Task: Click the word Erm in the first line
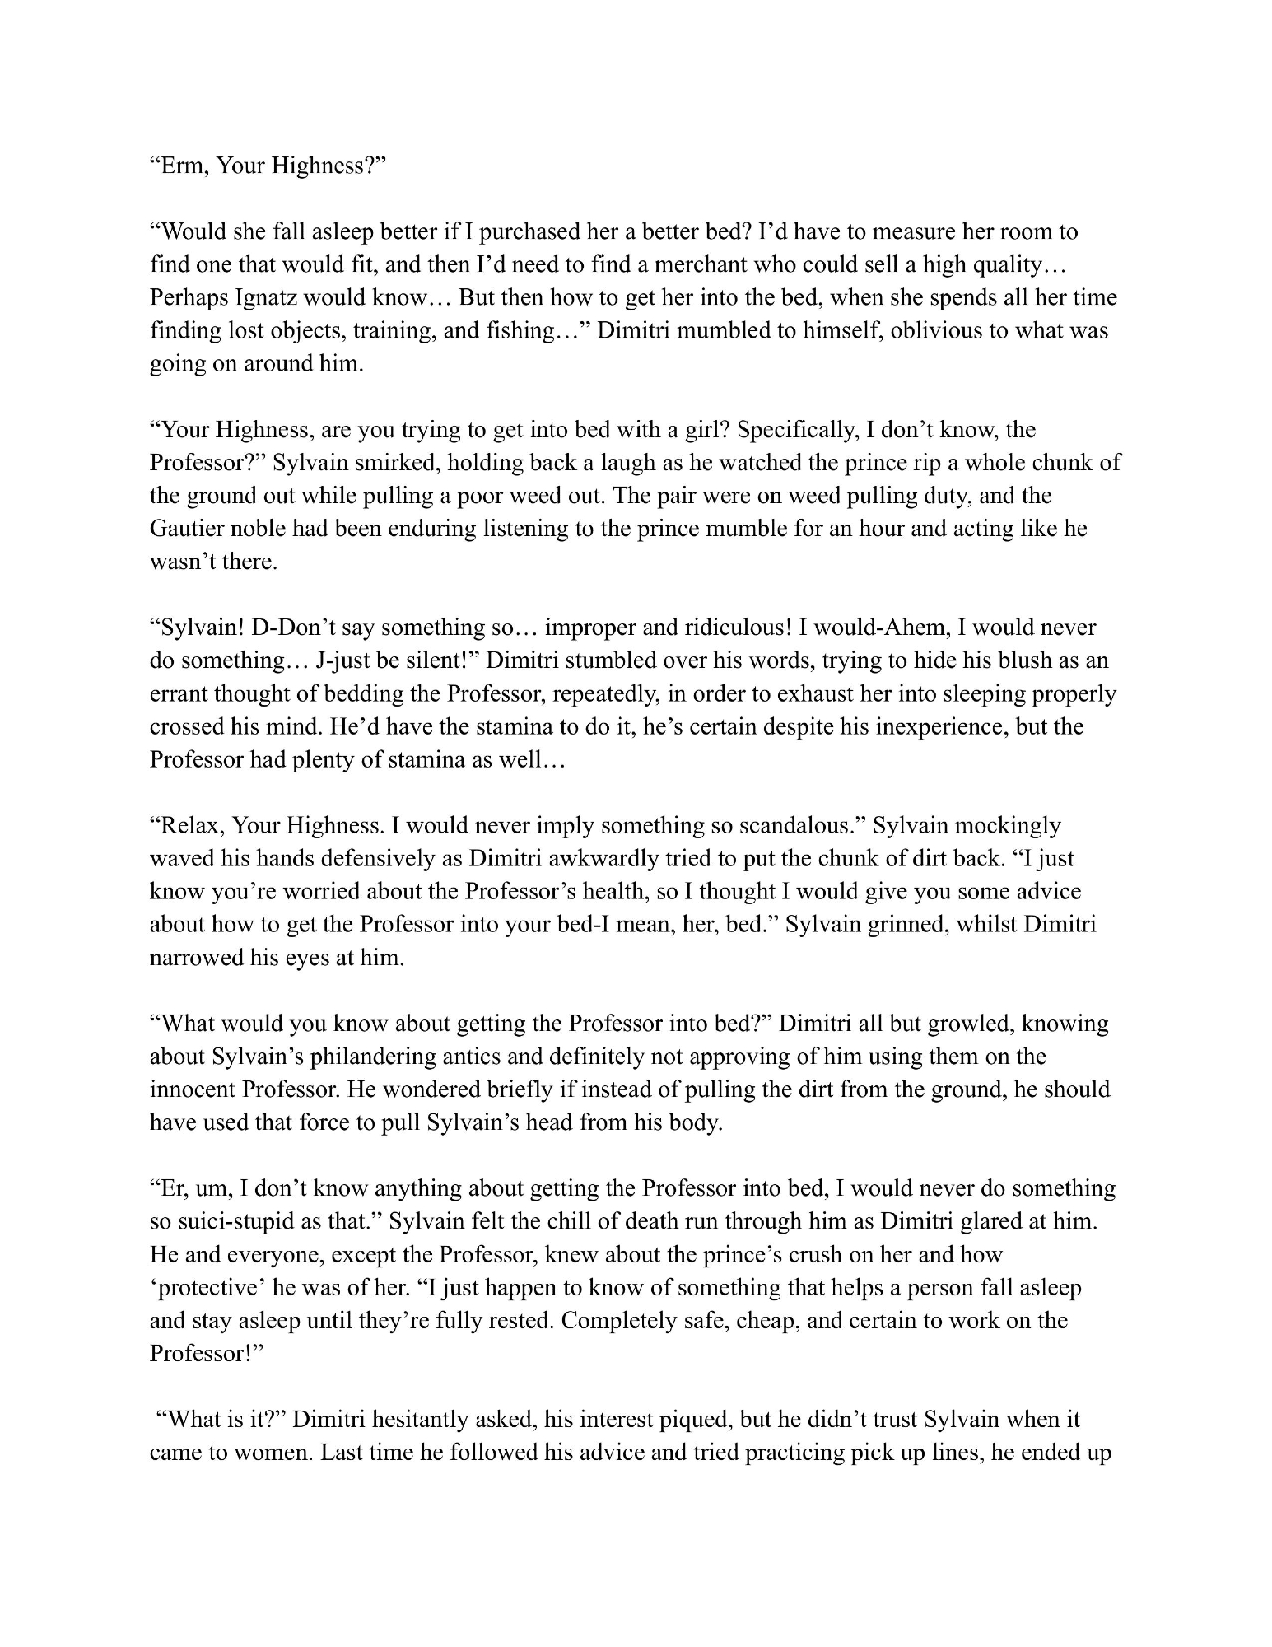(x=179, y=166)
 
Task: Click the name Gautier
(x=192, y=528)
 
